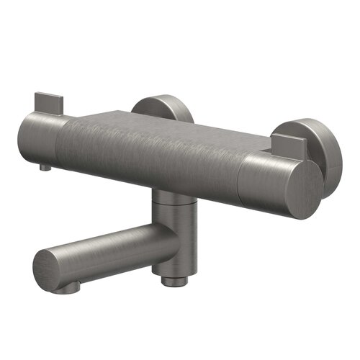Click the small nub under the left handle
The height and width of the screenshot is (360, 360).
[x=45, y=167]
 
